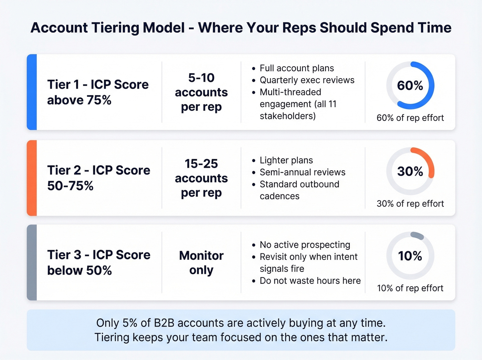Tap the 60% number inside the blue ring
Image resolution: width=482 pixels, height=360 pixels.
(x=410, y=85)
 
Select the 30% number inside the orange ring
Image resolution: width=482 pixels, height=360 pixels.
(x=410, y=171)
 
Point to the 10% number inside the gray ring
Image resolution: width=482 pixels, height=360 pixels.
(x=410, y=256)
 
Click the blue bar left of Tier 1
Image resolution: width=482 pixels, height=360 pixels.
(x=32, y=92)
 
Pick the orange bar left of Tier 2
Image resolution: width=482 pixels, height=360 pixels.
(x=32, y=178)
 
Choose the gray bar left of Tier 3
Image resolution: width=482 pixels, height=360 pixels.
(x=32, y=263)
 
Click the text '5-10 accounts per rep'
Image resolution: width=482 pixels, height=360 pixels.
(x=201, y=92)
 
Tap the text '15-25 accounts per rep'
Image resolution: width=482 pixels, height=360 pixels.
(x=201, y=178)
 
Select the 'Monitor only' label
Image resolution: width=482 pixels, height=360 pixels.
(x=201, y=263)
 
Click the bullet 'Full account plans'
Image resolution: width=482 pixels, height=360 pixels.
(x=296, y=68)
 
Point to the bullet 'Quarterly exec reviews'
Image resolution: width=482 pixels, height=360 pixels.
(x=307, y=80)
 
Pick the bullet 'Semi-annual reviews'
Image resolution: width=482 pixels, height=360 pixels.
(x=302, y=172)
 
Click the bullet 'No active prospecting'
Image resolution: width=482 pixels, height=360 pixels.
(x=305, y=245)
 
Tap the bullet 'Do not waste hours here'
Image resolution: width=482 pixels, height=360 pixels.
(x=310, y=281)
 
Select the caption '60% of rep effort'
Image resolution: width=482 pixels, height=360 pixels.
(x=410, y=118)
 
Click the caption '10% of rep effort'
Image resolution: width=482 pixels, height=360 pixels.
(x=410, y=288)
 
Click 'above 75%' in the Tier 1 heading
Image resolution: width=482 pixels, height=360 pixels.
(x=79, y=100)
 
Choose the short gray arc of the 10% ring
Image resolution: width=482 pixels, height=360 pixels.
(x=417, y=236)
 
